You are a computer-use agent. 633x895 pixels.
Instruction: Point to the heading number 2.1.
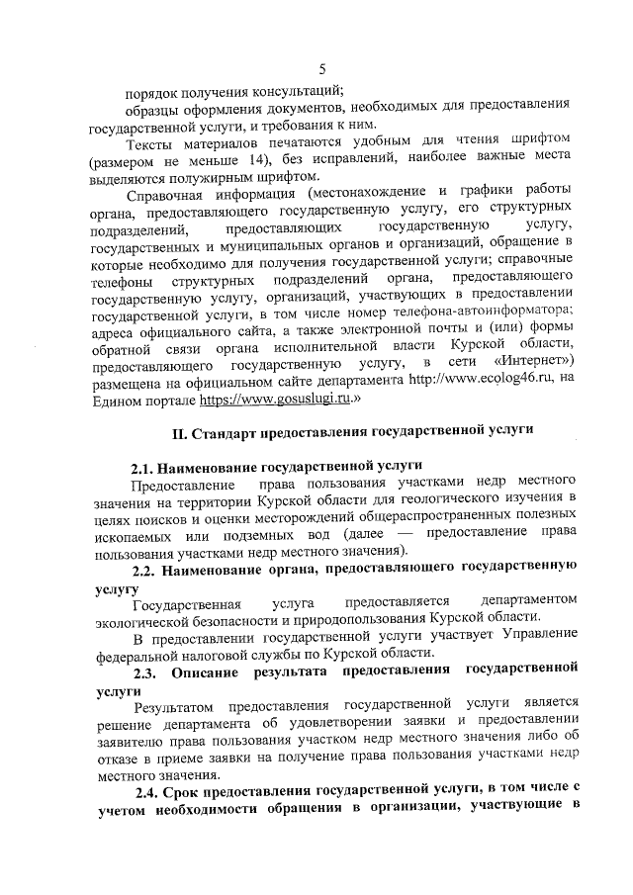pyautogui.click(x=146, y=465)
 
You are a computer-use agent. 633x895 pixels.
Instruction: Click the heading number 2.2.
pyautogui.click(x=146, y=568)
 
